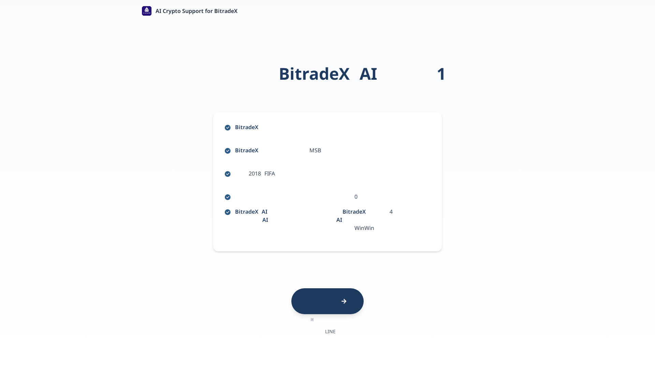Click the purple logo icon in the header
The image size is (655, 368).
click(147, 11)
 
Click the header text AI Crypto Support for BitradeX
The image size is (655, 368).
click(196, 11)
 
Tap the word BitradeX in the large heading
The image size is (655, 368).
click(314, 74)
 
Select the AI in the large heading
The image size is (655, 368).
click(368, 74)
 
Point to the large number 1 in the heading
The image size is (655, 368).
click(441, 74)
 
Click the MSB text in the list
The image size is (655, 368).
click(315, 150)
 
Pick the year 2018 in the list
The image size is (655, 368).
click(254, 173)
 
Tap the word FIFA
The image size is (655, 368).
click(270, 173)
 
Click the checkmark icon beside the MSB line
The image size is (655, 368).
click(228, 151)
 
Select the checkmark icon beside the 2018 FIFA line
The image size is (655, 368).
click(228, 174)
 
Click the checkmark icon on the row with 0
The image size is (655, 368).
click(228, 197)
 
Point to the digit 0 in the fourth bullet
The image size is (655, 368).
click(356, 197)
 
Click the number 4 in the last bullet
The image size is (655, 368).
click(391, 212)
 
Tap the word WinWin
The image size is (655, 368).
click(364, 228)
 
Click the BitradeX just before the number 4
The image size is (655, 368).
click(354, 212)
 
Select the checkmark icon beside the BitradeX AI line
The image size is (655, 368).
click(228, 212)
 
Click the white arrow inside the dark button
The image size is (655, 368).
click(344, 301)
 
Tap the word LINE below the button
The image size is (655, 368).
click(330, 332)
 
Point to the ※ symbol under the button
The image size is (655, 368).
click(312, 320)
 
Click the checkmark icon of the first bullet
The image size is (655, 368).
click(228, 127)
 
